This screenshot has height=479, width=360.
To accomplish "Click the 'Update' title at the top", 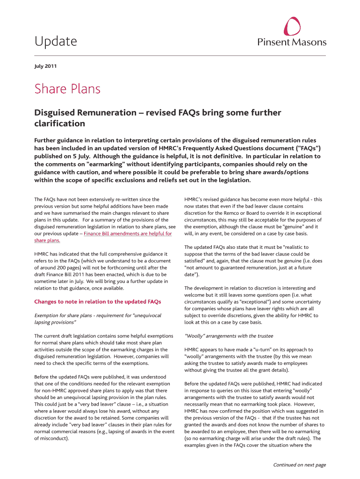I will (56, 42).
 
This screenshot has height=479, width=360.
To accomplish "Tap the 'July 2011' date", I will (45, 66).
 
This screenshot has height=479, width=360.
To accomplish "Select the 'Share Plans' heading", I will (67, 89).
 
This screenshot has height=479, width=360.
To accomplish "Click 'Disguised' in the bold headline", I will (56, 113).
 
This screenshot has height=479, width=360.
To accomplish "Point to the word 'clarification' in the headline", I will (60, 123).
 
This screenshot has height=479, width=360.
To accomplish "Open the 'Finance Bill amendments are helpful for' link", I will (128, 233).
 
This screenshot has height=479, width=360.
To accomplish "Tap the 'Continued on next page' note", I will (299, 464).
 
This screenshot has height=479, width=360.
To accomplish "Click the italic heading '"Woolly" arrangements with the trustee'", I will (229, 336).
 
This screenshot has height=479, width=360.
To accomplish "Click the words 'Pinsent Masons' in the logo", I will (292, 42).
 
